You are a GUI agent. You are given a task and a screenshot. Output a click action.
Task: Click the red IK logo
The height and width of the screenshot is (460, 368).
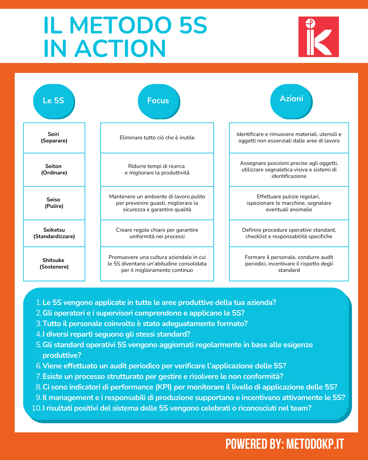tap(319, 37)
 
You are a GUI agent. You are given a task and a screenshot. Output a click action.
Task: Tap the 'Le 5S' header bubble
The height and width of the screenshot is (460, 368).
tap(54, 101)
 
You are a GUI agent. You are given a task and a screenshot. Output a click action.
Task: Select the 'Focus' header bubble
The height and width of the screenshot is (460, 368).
tap(158, 101)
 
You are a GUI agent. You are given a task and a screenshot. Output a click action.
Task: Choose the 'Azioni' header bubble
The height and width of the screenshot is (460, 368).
tap(291, 99)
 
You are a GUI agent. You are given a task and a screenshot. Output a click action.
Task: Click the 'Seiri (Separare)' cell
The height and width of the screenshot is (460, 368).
tap(54, 138)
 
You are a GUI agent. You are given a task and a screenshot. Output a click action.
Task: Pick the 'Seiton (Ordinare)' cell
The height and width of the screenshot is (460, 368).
tap(54, 170)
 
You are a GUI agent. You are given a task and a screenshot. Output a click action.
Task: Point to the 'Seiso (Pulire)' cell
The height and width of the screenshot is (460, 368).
tap(54, 203)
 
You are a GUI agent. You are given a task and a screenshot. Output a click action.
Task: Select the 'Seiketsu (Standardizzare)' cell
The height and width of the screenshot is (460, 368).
tap(54, 233)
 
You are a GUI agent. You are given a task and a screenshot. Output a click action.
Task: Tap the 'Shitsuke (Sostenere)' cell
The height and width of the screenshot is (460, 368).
tap(54, 264)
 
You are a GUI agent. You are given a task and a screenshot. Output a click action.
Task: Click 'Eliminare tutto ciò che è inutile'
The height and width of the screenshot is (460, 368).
tap(157, 138)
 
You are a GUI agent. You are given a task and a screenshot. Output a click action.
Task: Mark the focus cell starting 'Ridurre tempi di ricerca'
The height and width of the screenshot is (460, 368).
tap(157, 170)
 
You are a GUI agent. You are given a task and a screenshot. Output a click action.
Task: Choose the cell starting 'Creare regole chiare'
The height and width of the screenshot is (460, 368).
tap(157, 233)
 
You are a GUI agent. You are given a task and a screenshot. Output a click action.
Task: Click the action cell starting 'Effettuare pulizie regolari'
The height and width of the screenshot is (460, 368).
tap(289, 203)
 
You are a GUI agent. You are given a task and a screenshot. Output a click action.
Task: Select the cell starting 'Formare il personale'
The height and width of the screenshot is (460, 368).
tap(289, 264)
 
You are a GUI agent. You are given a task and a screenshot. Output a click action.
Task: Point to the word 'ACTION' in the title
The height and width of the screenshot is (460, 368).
tap(120, 48)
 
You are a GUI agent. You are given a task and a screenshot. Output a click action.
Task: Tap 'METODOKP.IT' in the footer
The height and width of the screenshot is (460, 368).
tap(315, 444)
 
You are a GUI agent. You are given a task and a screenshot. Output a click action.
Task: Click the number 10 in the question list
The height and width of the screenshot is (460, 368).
tap(36, 408)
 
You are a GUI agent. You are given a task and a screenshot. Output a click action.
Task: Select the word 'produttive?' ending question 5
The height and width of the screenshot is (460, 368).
tap(62, 355)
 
